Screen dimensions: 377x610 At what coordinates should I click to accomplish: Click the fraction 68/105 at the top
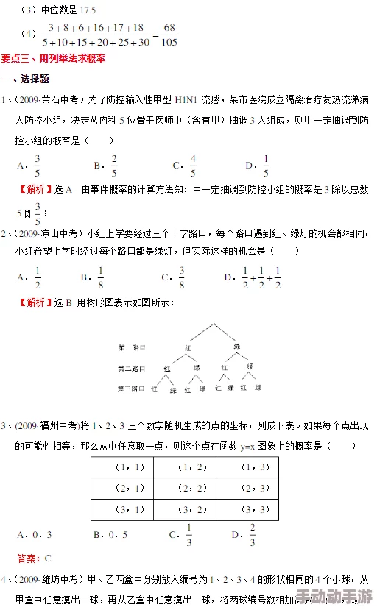169,34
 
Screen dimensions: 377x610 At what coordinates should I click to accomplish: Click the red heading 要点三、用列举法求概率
53,58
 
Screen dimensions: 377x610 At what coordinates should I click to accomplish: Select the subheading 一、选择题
26,79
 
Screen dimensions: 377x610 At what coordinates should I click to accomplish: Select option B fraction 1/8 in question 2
101,277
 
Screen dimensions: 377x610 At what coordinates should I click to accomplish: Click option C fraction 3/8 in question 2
181,277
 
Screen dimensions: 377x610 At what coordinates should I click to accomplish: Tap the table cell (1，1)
130,467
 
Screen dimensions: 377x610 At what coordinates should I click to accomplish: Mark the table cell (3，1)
130,508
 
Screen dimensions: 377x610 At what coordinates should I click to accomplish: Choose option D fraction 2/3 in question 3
253,535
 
